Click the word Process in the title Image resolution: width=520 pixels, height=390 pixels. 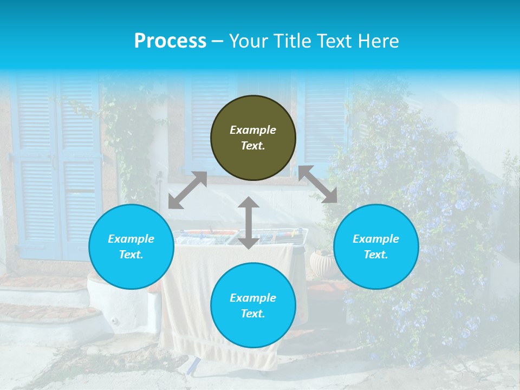point(170,41)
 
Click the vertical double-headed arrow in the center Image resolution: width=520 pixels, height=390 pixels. point(249,223)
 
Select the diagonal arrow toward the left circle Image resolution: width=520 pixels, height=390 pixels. point(187,190)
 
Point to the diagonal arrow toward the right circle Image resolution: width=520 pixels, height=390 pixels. point(317,184)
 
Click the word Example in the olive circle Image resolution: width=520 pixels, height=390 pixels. point(253,130)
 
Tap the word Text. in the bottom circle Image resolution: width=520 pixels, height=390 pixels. point(253,314)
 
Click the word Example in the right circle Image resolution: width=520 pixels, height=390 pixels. point(376,239)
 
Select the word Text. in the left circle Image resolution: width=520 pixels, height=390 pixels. point(131,255)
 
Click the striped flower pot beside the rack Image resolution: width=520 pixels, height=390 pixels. point(323,263)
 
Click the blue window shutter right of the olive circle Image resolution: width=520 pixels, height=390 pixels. point(324,125)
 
